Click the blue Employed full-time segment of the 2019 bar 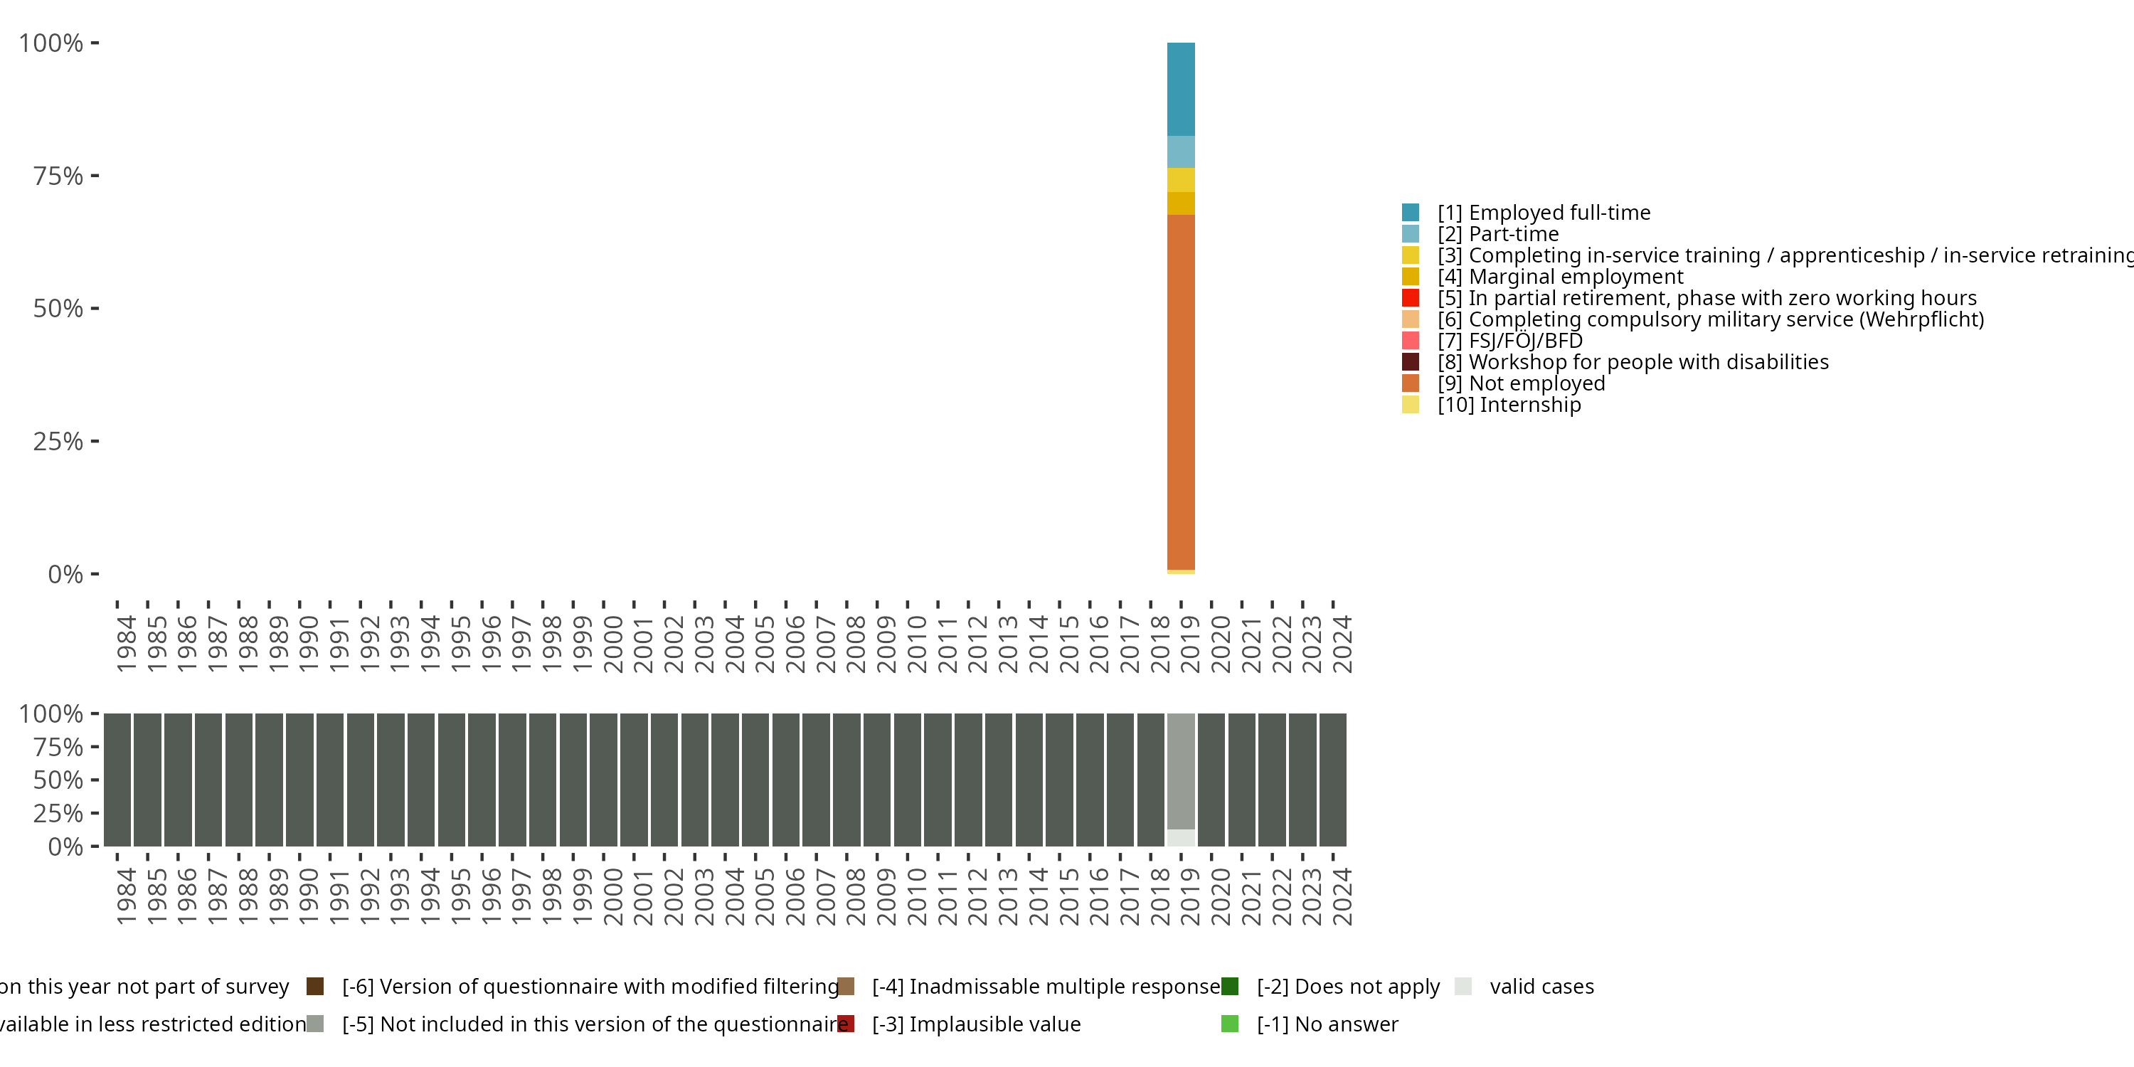1181,89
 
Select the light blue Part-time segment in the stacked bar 1181,152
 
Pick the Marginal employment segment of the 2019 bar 1181,203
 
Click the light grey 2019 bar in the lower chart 1181,770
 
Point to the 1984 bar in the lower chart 117,780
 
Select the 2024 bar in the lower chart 1333,780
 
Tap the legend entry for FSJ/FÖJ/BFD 1525,341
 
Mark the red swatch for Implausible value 846,1024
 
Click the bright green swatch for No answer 1229,1024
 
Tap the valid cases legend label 1541,987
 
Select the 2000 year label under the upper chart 613,644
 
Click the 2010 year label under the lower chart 916,896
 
